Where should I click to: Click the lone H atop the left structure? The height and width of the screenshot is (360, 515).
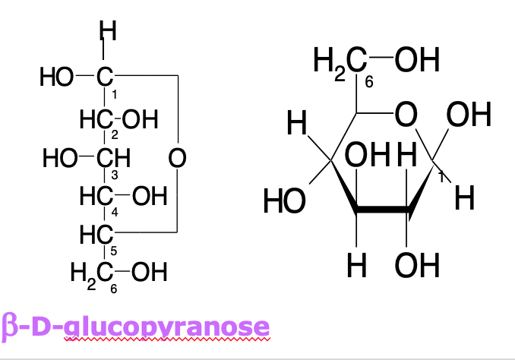point(109,33)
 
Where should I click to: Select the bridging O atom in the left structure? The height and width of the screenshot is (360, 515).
point(178,159)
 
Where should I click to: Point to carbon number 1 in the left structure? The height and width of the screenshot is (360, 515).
point(106,77)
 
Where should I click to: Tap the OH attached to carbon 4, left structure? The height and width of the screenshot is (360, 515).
point(148,197)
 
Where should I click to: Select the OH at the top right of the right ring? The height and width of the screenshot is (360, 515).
point(469,116)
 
